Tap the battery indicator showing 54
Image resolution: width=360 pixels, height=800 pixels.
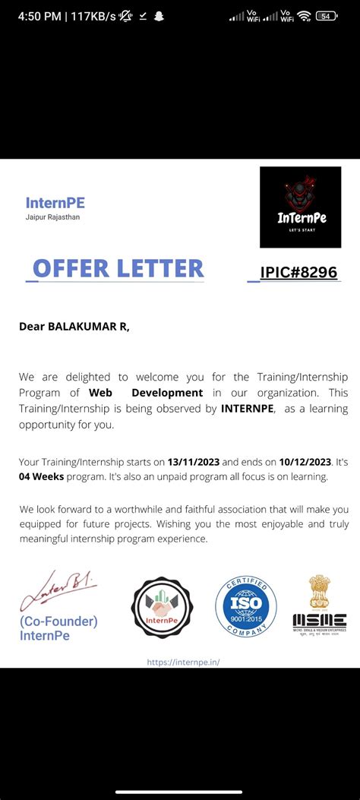click(327, 16)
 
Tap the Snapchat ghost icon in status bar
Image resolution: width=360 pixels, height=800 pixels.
click(159, 16)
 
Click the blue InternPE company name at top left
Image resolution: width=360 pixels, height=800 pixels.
click(55, 203)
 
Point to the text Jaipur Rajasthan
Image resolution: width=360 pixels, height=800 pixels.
click(52, 217)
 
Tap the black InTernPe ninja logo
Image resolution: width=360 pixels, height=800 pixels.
click(300, 207)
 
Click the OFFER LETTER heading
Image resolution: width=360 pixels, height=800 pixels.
click(118, 268)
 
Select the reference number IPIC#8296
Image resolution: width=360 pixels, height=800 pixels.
click(298, 273)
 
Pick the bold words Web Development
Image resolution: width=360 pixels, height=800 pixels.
click(146, 393)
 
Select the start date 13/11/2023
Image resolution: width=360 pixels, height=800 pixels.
click(194, 461)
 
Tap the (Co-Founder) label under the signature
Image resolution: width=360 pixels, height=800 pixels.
click(58, 621)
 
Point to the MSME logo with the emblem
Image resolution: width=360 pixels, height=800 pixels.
click(320, 606)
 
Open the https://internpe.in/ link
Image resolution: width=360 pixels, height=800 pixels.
click(183, 662)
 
